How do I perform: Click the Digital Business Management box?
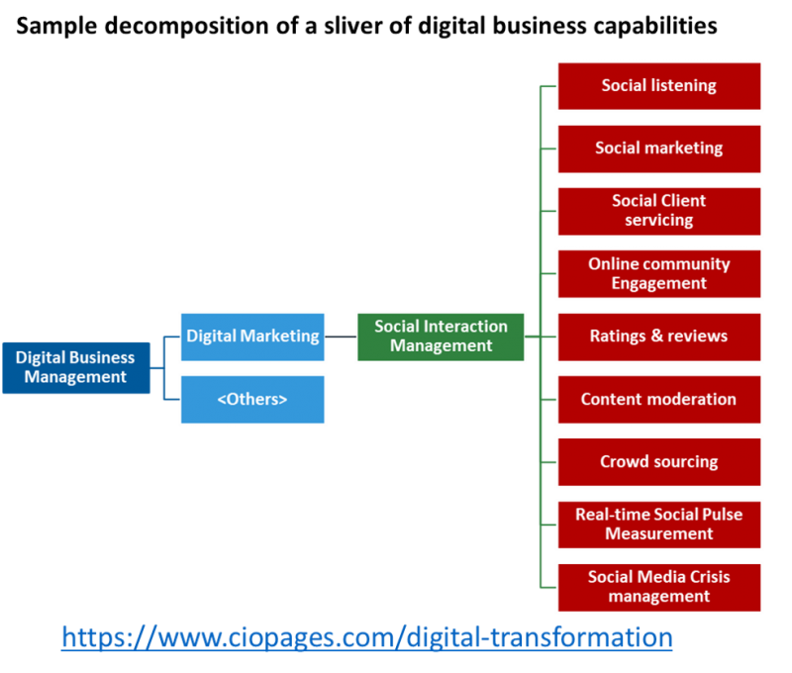76,367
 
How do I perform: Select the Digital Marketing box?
252,336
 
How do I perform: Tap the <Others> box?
252,400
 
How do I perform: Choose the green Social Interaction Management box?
441,336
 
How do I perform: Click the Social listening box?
659,86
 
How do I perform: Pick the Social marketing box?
659,148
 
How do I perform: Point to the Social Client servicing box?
659,211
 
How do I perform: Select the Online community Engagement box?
659,274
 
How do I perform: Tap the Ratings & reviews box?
659,336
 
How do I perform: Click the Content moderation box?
659,400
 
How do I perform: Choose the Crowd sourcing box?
659,462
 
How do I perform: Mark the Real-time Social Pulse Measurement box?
659,525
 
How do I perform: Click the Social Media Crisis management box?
659,587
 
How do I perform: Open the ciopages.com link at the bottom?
366,637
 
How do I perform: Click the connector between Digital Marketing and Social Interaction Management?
341,336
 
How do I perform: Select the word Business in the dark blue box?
102,358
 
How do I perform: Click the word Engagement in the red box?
659,284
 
